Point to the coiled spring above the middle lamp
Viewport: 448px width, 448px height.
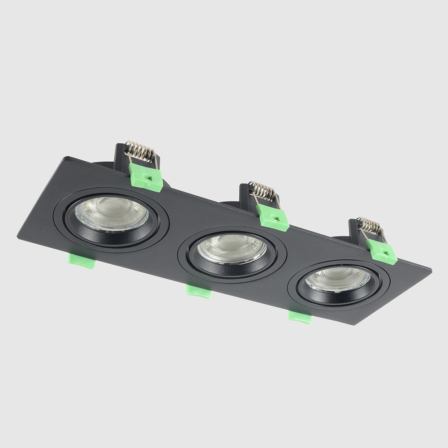click(263, 191)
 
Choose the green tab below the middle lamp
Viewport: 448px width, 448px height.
click(198, 291)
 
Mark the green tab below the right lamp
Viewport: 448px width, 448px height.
click(300, 317)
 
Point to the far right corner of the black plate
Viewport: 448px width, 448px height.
click(431, 270)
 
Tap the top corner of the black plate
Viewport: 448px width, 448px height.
click(67, 157)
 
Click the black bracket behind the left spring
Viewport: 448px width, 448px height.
click(121, 157)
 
